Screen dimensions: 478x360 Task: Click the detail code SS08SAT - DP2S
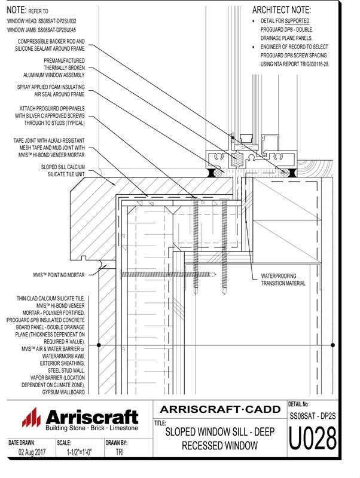click(x=311, y=415)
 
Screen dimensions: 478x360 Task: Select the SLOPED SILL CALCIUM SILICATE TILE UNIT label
click(x=62, y=171)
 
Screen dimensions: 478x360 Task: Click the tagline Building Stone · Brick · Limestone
click(x=91, y=429)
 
